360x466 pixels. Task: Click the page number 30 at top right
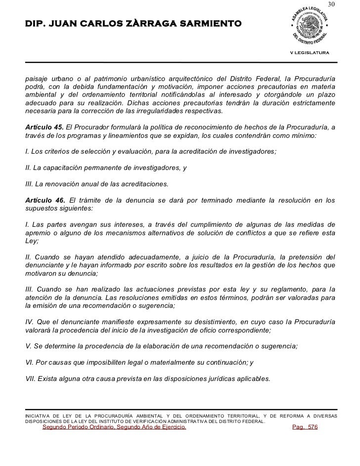tap(331, 5)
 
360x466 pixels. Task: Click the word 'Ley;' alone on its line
tap(32, 241)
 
